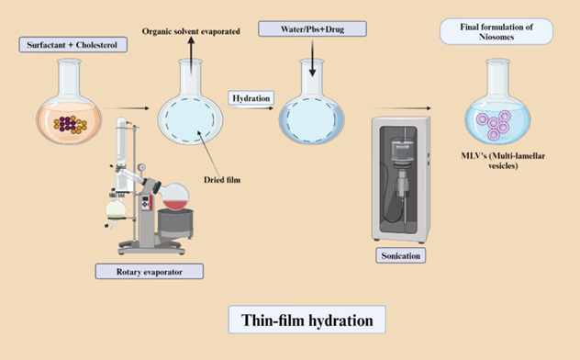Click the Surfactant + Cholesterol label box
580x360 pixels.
[x=73, y=45]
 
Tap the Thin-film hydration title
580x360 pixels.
[x=307, y=320]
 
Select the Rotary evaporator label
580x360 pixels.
[x=149, y=272]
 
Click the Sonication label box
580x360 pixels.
[x=401, y=255]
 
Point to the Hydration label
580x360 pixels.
[x=251, y=98]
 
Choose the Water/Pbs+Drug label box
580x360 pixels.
[x=313, y=28]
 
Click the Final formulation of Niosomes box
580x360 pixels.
[x=496, y=32]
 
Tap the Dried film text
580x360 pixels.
[x=222, y=180]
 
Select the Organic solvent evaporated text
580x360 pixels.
[x=191, y=31]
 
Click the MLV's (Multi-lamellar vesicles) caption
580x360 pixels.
[x=503, y=161]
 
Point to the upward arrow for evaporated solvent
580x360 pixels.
[x=191, y=55]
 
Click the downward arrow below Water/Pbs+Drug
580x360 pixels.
[x=313, y=57]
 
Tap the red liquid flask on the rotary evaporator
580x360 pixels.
[x=174, y=197]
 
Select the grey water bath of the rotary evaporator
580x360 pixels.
[x=175, y=223]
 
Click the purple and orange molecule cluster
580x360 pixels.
[x=71, y=124]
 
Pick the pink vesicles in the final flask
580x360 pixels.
[x=494, y=125]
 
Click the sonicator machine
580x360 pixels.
[x=401, y=180]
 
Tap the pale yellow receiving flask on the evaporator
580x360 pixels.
[x=116, y=209]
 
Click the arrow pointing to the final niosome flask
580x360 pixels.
[x=400, y=108]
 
